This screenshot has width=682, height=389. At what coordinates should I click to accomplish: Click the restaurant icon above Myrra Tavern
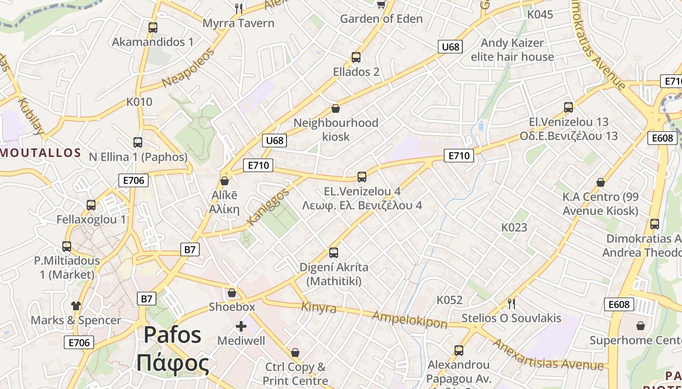point(239,8)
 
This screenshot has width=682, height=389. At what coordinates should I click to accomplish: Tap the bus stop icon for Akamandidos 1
point(153,28)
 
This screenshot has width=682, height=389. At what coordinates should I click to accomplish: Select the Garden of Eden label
point(381,19)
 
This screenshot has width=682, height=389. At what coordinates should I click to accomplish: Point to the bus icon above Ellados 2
point(356,57)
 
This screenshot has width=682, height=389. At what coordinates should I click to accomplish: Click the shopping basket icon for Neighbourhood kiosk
point(335,108)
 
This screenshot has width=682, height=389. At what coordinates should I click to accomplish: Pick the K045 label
point(540,15)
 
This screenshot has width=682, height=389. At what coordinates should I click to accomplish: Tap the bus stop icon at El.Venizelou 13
point(568,107)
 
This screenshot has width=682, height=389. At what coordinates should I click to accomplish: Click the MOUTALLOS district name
point(40,153)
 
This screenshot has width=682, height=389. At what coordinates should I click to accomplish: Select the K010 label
point(139,102)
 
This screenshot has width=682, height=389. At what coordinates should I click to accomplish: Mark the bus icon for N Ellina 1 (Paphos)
point(138,142)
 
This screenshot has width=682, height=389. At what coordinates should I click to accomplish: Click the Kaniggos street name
point(268,207)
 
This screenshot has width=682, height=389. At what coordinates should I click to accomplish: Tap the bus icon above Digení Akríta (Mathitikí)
point(334,253)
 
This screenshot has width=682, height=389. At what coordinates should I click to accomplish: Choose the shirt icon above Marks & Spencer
point(76,305)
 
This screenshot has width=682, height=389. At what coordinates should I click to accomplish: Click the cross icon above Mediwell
point(241,326)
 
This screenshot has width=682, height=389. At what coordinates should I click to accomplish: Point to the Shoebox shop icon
point(232,293)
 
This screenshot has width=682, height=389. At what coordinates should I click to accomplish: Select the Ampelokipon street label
point(409,319)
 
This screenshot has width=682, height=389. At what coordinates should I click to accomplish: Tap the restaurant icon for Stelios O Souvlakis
point(511,304)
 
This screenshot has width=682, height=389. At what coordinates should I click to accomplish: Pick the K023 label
point(514,228)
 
